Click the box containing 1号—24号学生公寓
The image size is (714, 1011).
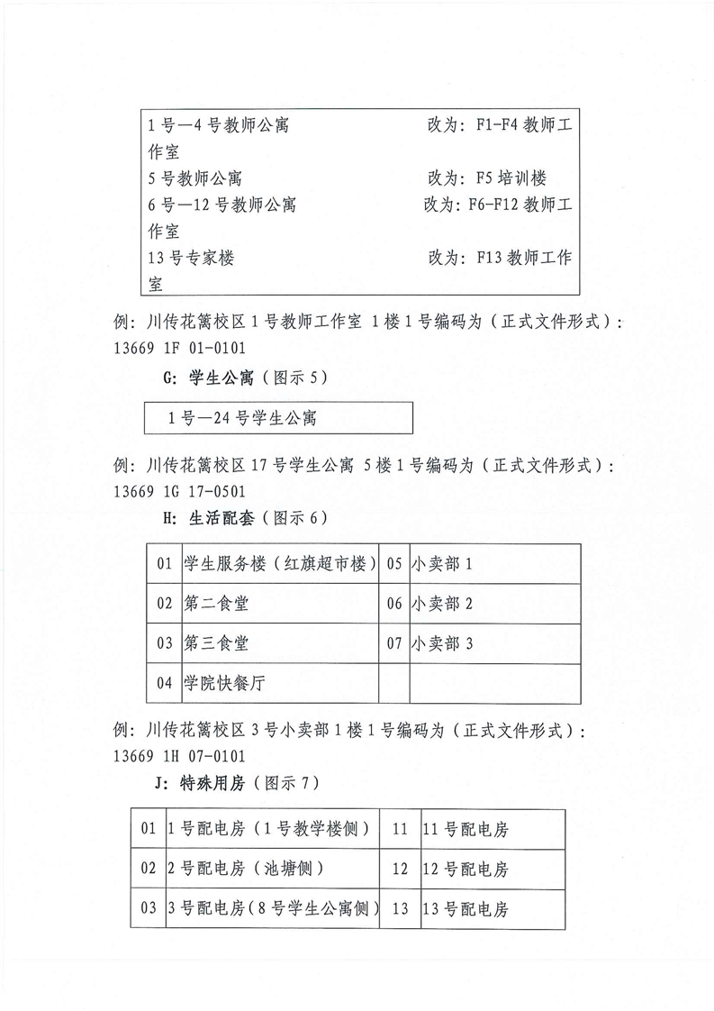pos(279,418)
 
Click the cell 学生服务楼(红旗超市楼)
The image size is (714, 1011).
pos(280,564)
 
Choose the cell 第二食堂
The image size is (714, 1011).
pos(216,604)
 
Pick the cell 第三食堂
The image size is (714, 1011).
pos(216,643)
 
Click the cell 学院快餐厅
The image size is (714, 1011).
pos(224,683)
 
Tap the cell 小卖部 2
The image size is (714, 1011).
pos(441,604)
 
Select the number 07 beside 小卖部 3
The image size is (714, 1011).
pos(394,643)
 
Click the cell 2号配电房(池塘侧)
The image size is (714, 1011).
pos(247,870)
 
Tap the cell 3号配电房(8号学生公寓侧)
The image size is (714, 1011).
pos(273,909)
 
